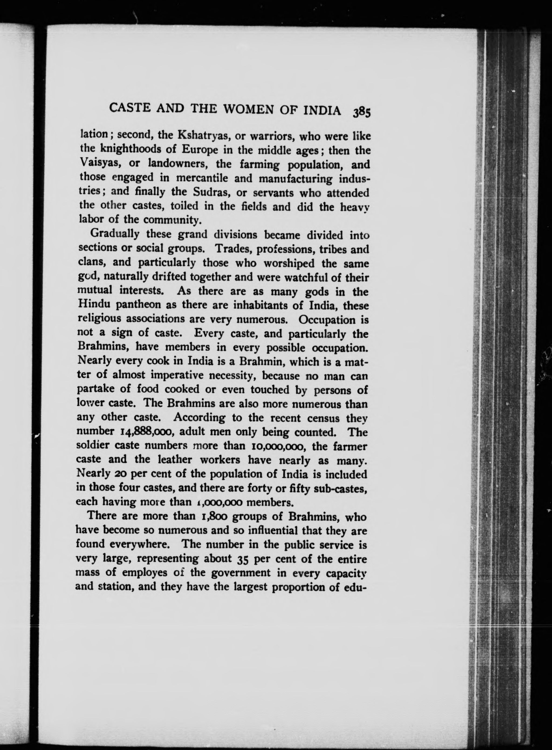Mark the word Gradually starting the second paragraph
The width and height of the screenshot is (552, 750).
(x=115, y=234)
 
